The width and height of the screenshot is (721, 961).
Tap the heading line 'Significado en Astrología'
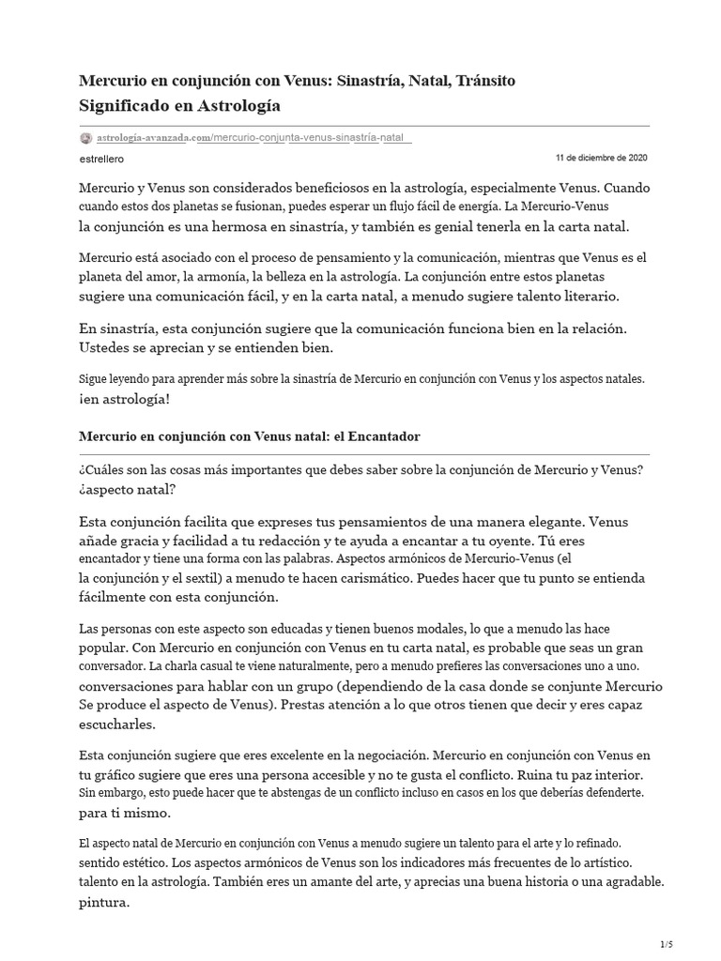[178, 105]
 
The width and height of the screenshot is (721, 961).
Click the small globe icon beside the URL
[86, 137]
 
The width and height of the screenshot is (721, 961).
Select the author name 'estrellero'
[100, 160]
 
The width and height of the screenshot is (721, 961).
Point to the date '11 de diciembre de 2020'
[601, 158]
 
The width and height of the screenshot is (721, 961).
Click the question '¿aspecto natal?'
[127, 489]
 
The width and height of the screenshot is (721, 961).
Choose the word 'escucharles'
[116, 724]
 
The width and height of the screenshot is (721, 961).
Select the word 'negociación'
[379, 755]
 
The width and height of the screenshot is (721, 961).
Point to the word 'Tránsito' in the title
[483, 82]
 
